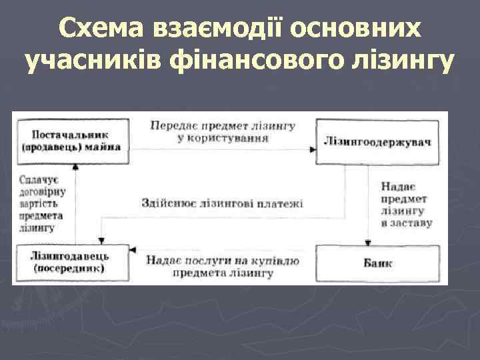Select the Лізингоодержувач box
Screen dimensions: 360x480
[x=377, y=142]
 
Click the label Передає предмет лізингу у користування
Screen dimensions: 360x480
[x=223, y=132]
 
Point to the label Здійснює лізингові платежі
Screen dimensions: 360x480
[x=222, y=203]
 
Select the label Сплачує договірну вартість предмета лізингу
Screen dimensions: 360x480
[x=41, y=203]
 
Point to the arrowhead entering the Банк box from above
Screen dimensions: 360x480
[x=369, y=242]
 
